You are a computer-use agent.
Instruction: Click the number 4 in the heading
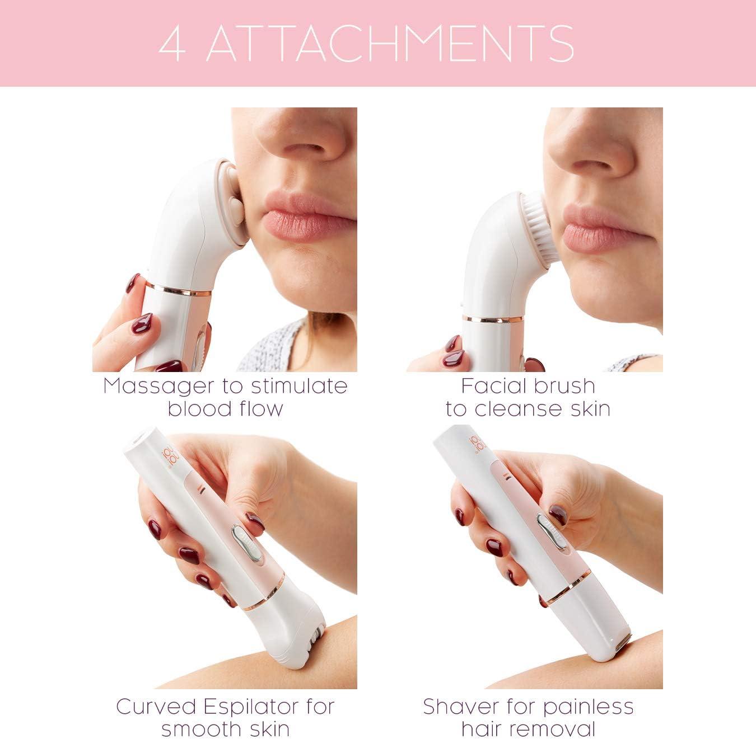(x=172, y=44)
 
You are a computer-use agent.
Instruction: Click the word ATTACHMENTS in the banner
(x=390, y=44)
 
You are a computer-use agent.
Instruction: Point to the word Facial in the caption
(x=488, y=386)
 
